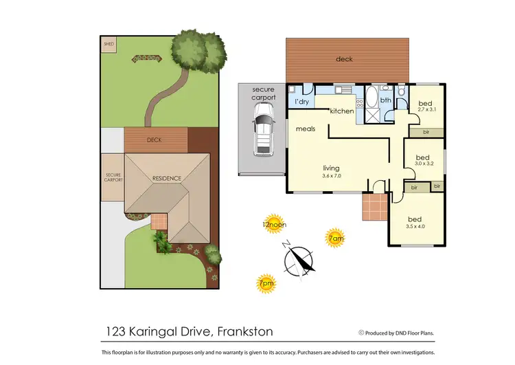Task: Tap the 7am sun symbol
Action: [334, 238]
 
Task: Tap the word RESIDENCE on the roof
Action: [167, 179]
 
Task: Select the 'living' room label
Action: [332, 168]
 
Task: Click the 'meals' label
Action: [306, 129]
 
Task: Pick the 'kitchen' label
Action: [341, 111]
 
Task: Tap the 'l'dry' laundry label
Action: [301, 102]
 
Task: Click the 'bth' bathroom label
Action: [386, 100]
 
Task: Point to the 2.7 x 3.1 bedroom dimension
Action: [426, 109]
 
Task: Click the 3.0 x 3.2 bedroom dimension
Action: [425, 164]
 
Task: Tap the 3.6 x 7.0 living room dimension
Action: [332, 176]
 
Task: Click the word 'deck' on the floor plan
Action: [344, 59]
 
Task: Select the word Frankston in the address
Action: [244, 332]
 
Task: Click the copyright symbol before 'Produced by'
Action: [361, 333]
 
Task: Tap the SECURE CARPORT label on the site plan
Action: [112, 177]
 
